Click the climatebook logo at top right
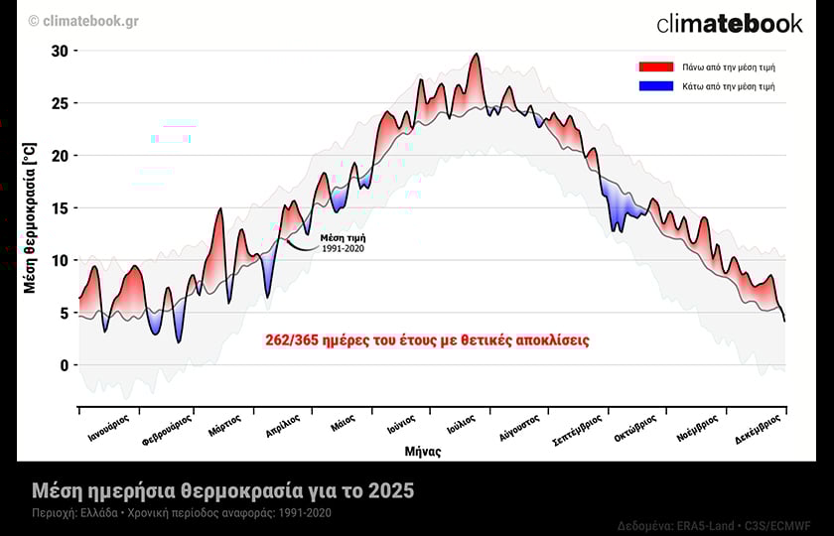click(729, 23)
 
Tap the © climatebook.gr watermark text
click(83, 21)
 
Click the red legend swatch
click(655, 67)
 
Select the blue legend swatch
click(655, 86)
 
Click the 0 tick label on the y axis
click(64, 365)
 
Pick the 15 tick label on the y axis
click(60, 208)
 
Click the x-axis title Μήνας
click(423, 452)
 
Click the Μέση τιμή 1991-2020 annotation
click(344, 242)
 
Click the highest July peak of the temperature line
click(477, 55)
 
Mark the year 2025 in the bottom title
click(391, 491)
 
